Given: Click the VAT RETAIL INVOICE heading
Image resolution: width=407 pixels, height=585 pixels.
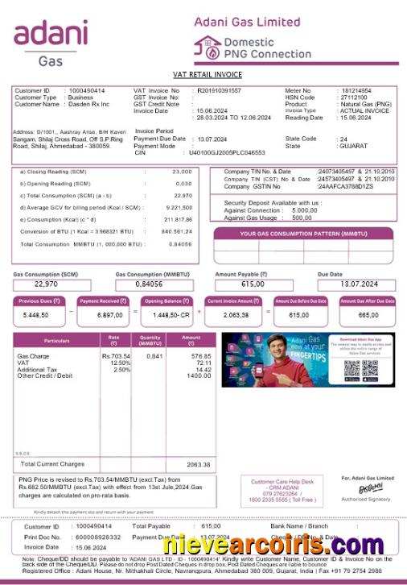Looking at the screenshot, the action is (207, 74).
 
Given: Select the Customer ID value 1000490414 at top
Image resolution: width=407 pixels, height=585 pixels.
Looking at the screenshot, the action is (87, 90).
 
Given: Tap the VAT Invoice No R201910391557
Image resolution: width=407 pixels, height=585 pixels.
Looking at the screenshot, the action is (224, 90).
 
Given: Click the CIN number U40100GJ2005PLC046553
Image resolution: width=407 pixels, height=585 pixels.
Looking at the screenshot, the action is (225, 152).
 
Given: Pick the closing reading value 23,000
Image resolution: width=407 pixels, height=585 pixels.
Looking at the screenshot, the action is (182, 172).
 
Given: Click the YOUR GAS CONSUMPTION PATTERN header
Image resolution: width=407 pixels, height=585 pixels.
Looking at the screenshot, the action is (304, 234).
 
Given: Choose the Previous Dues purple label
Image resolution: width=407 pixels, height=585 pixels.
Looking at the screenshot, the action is (36, 301).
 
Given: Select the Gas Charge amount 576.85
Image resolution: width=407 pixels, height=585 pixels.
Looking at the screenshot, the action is (200, 355).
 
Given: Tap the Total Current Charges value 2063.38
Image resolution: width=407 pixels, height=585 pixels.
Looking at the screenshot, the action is (198, 464).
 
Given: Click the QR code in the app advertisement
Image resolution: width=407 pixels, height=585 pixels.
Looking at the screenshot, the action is (356, 369).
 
